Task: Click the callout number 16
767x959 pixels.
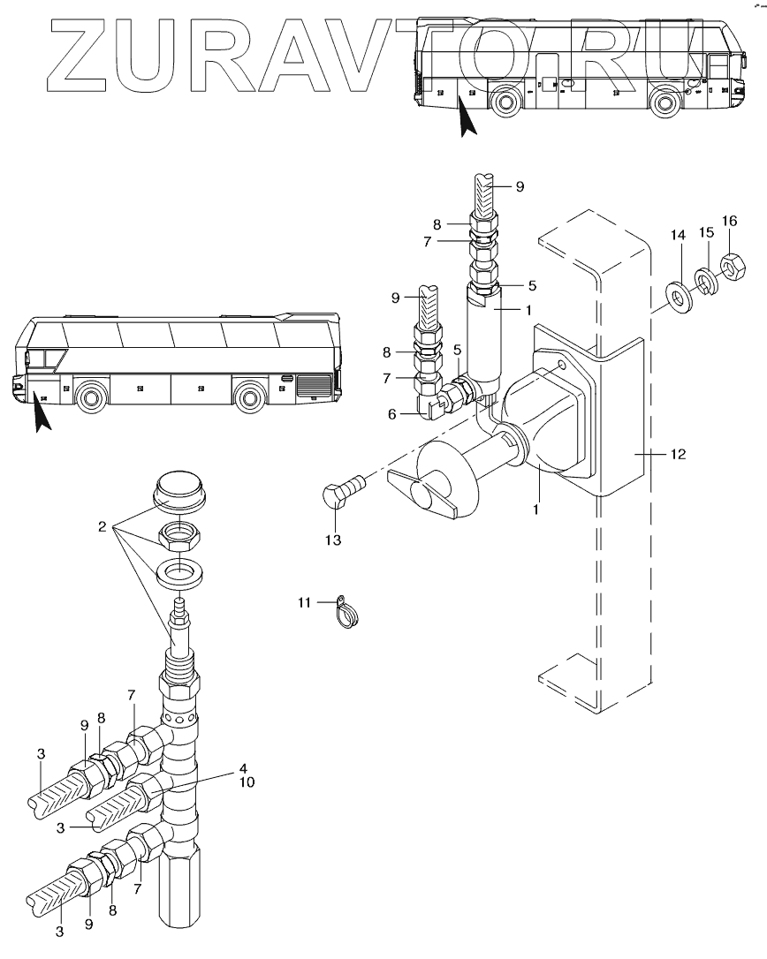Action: click(x=729, y=221)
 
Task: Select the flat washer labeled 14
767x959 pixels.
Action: click(x=679, y=296)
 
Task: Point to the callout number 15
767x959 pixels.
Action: click(x=706, y=232)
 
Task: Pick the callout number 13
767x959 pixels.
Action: click(x=333, y=540)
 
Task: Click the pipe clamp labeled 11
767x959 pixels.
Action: click(x=347, y=612)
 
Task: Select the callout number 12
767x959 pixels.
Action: click(x=678, y=454)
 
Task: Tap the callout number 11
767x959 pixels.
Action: click(x=304, y=603)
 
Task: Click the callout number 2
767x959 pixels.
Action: click(x=103, y=526)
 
